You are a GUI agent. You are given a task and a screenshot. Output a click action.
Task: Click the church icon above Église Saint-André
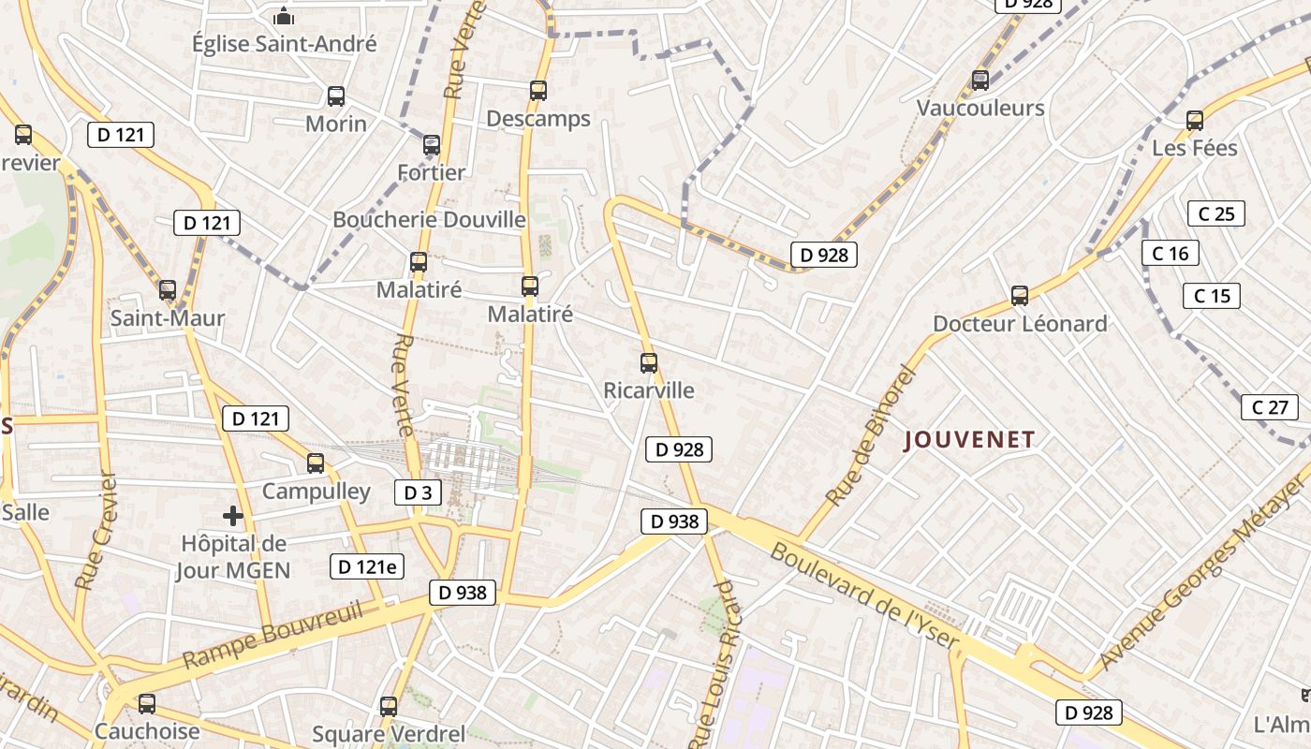pos(284,17)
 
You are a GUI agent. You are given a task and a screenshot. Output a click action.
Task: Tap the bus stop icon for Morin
pos(335,95)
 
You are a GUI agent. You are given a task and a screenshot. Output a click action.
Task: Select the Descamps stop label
pos(538,119)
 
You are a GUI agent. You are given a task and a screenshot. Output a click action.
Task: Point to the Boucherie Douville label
pos(430,220)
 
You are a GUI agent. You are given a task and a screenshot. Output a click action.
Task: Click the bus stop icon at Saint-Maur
pos(168,290)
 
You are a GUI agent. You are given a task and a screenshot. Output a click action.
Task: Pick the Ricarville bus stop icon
pos(649,363)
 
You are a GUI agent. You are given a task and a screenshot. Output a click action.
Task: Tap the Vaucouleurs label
pos(980,109)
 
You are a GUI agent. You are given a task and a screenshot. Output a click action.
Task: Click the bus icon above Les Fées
pos(1194,120)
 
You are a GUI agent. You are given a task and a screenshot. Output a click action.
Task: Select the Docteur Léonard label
pos(1020,324)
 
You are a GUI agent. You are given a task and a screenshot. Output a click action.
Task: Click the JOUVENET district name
pos(969,440)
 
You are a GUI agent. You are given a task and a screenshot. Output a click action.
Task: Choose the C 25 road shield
pos(1215,213)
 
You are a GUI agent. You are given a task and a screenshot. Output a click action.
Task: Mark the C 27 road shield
pos(1270,407)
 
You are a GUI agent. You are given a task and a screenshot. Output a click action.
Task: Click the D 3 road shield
pos(418,492)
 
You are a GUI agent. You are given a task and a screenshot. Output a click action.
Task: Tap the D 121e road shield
pos(367,565)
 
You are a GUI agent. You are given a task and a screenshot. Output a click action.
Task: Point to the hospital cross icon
pos(233,515)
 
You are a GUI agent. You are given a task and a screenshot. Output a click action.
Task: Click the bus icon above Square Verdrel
pos(389,707)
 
